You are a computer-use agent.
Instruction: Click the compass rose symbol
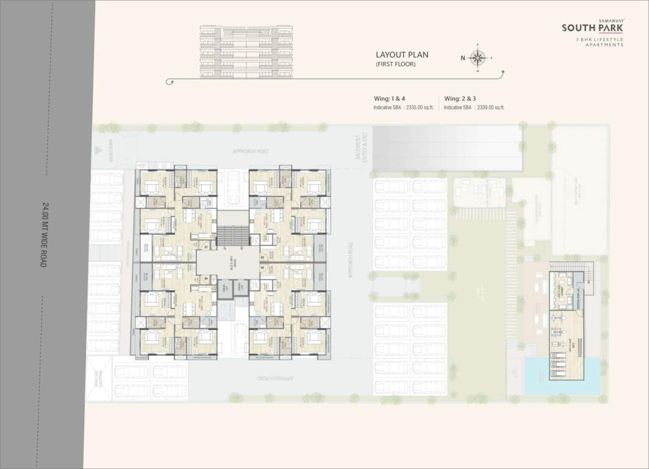[x=478, y=59]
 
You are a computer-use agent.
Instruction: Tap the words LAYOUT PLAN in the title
[x=402, y=54]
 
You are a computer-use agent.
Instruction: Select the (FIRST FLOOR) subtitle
[x=395, y=64]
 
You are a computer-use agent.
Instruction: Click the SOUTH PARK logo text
[x=592, y=28]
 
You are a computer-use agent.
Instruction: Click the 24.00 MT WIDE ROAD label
[x=45, y=235]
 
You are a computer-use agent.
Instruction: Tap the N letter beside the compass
[x=463, y=59]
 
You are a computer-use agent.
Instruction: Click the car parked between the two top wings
[x=233, y=189]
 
